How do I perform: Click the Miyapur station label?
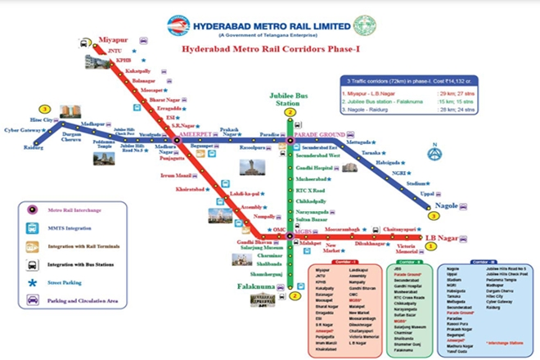(114, 39)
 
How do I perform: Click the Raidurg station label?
(34, 148)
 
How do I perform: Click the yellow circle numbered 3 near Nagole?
(433, 217)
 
